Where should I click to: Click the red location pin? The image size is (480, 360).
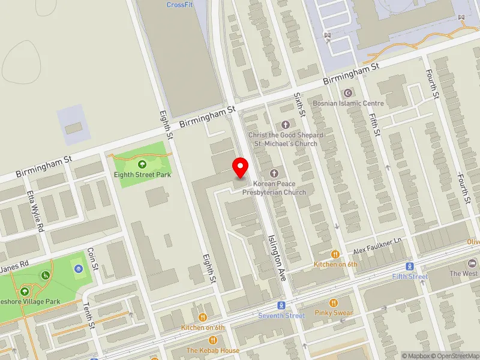pyautogui.click(x=241, y=166)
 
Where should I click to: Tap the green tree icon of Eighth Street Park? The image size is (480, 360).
pyautogui.click(x=142, y=164)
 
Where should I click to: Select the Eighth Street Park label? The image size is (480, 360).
pyautogui.click(x=143, y=175)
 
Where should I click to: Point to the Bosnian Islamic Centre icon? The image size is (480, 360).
pyautogui.click(x=348, y=93)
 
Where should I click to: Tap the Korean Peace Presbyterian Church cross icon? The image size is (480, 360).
pyautogui.click(x=274, y=173)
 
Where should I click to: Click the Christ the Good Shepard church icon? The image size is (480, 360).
pyautogui.click(x=285, y=125)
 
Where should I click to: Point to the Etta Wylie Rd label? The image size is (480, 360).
pyautogui.click(x=35, y=211)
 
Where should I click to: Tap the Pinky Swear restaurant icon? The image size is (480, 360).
pyautogui.click(x=335, y=304)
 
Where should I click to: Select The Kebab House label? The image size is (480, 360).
pyautogui.click(x=212, y=350)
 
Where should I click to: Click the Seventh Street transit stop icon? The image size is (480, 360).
pyautogui.click(x=281, y=305)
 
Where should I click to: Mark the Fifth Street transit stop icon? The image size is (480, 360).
pyautogui.click(x=410, y=266)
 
